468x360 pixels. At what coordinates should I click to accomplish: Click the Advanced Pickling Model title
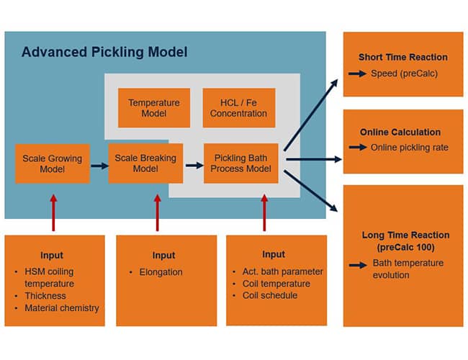point(104,52)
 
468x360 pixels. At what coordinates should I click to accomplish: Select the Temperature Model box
point(153,108)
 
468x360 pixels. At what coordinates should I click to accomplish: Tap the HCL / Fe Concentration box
point(239,108)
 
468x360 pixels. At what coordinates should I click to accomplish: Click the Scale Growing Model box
point(53,163)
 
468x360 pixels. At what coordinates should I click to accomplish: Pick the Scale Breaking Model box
point(145,163)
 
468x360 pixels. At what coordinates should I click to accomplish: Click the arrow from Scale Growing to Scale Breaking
point(99,165)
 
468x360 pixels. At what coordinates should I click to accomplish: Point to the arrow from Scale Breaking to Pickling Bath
point(194,165)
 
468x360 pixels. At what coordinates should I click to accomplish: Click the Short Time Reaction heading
point(402,57)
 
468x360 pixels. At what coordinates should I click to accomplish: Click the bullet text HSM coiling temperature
point(51,277)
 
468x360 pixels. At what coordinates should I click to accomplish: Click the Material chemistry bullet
point(60,308)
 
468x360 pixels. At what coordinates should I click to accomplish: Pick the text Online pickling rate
point(409,148)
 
